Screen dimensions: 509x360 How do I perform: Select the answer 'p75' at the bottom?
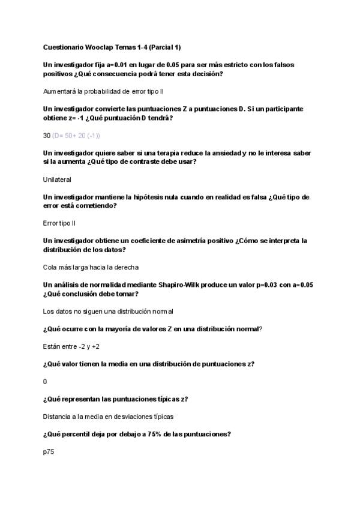pos(49,451)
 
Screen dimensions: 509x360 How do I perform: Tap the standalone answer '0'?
pos(45,381)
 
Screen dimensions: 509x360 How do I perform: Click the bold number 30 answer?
pos(47,136)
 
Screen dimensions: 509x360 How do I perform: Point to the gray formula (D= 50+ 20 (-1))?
pos(76,136)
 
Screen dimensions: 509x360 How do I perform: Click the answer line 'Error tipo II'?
pos(59,223)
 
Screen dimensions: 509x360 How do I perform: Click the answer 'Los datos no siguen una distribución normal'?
pos(108,311)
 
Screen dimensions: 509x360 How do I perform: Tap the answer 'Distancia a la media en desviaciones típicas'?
pos(108,416)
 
